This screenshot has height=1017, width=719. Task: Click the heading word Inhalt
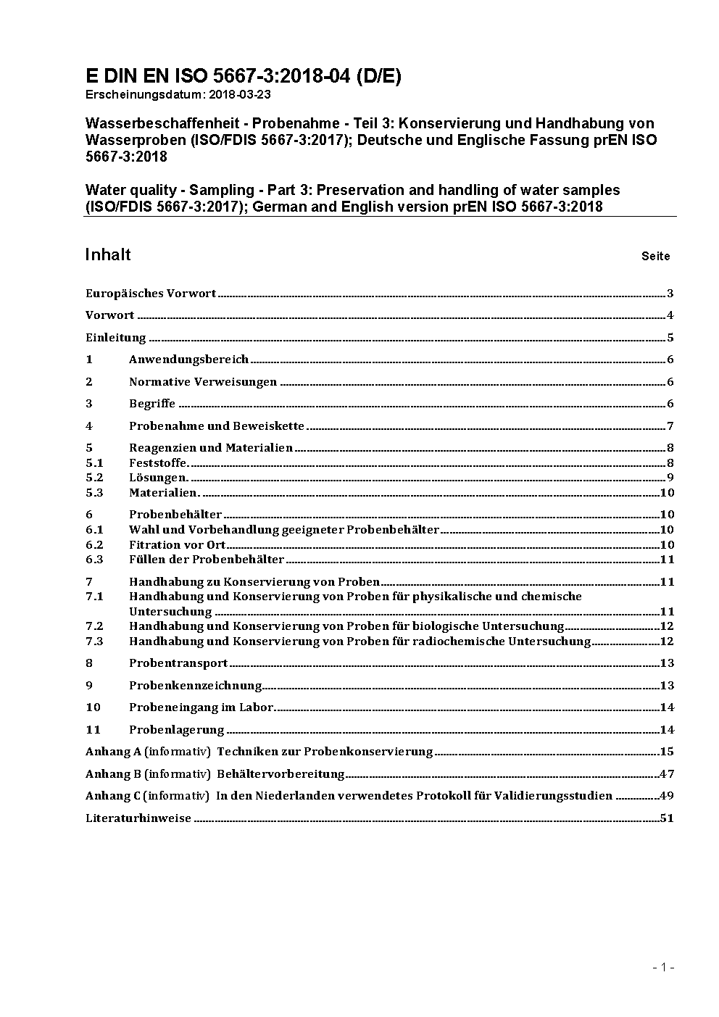108,254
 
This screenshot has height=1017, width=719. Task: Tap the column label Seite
655,257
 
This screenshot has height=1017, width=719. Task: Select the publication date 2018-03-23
240,94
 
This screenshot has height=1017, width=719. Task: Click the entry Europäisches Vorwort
151,294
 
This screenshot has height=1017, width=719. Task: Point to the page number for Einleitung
670,338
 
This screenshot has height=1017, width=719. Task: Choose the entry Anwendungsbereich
188,360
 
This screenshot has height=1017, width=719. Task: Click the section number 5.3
94,493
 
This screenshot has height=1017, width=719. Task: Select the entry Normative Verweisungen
203,382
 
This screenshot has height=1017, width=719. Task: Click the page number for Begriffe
670,404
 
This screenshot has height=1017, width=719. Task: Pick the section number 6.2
94,545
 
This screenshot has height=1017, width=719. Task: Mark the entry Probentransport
178,663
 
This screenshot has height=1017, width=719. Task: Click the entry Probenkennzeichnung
196,686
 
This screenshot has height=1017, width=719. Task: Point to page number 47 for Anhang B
667,774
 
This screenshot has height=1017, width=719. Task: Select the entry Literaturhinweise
138,818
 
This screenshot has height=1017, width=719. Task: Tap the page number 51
667,818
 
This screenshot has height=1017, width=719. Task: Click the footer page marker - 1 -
663,967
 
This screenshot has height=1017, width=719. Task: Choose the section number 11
93,730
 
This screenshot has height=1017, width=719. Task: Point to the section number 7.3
94,642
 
